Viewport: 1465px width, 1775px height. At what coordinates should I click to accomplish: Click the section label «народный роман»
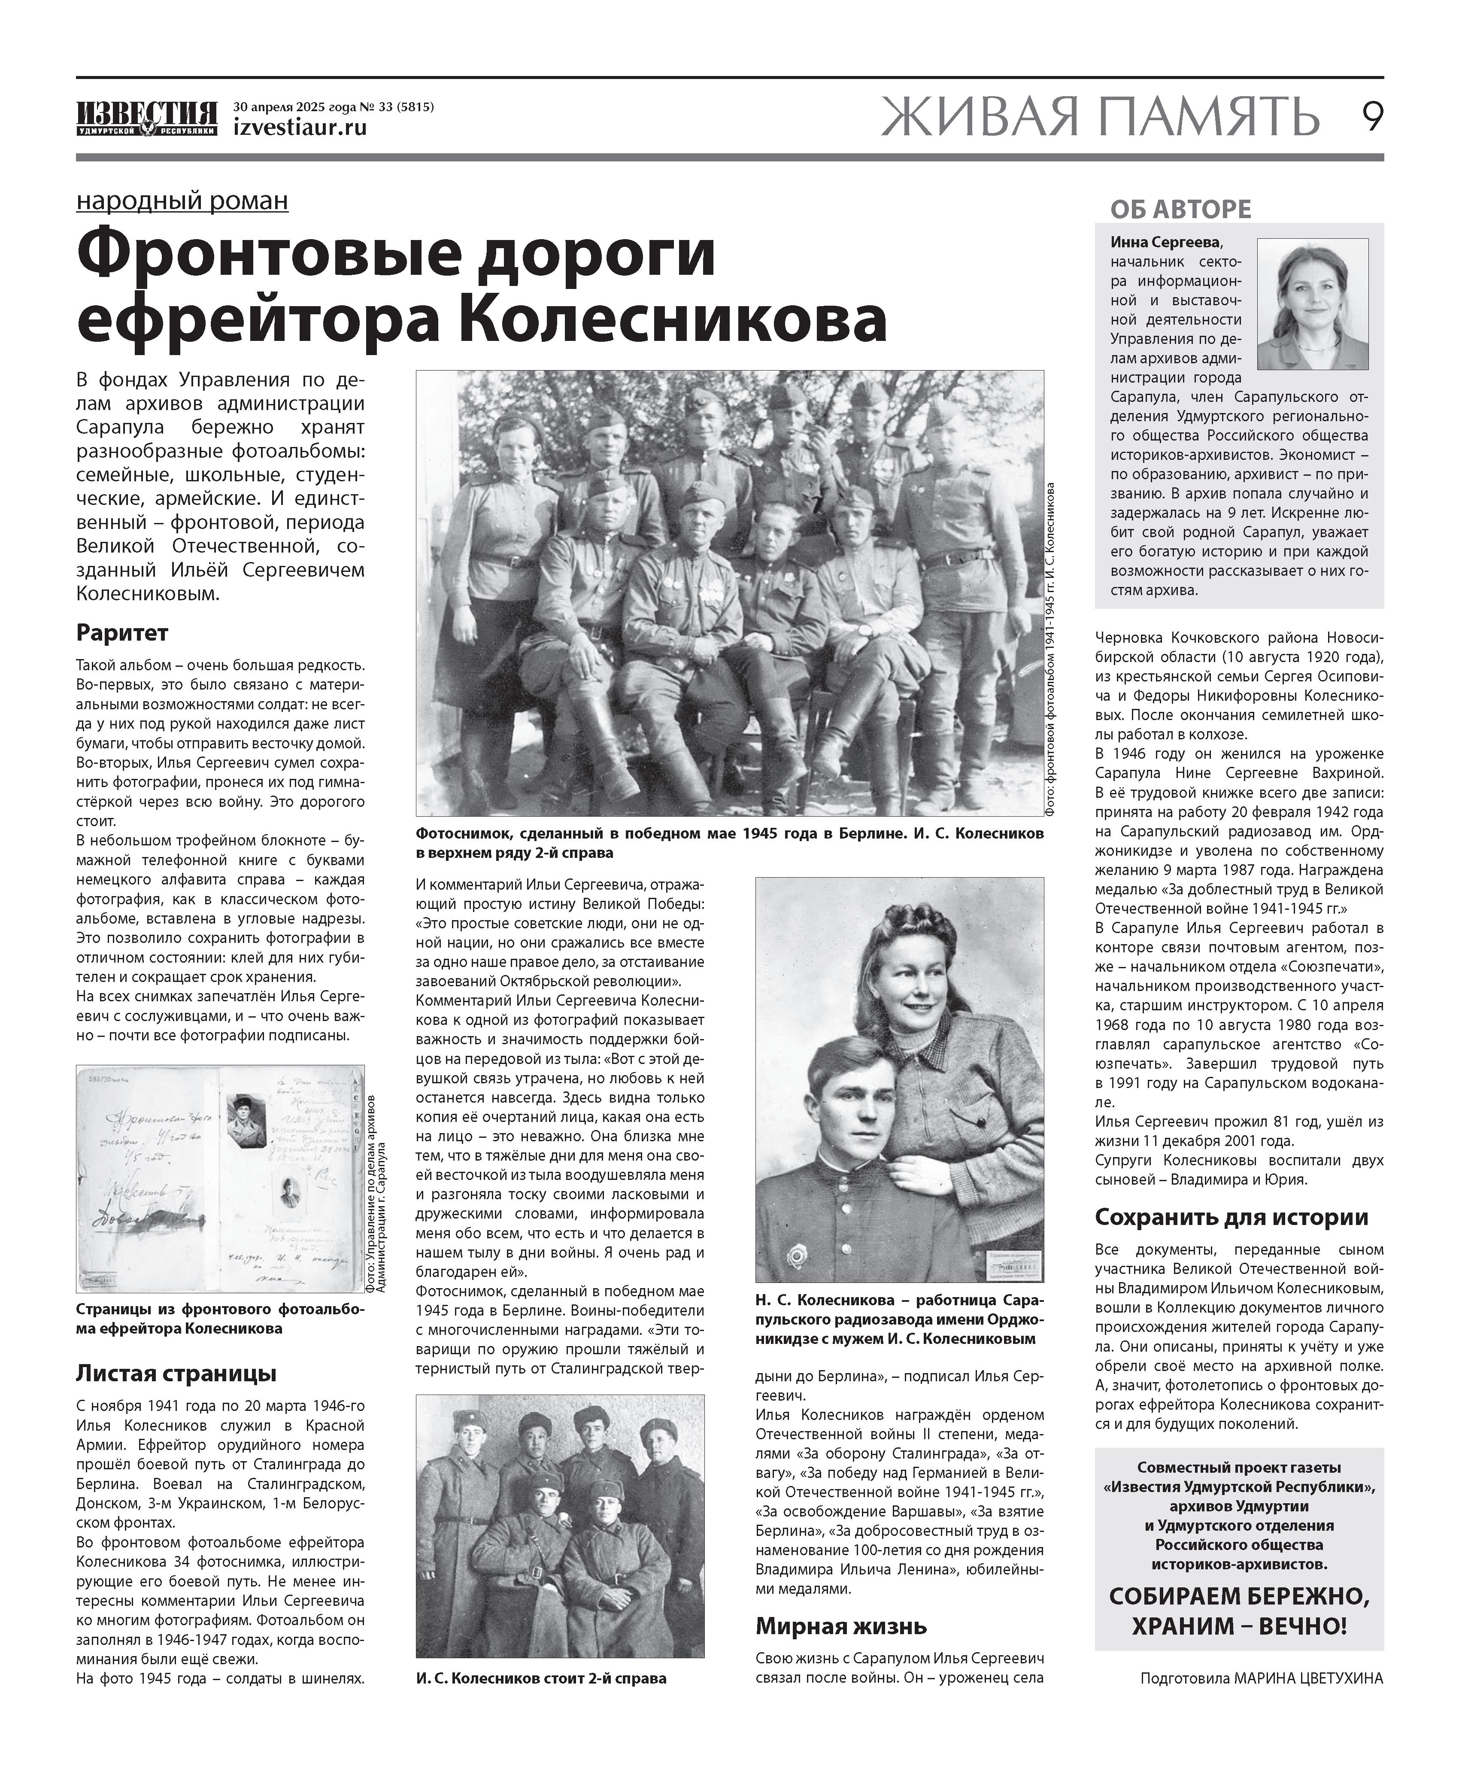click(182, 201)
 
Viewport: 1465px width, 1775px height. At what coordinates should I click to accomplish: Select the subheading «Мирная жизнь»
click(840, 1626)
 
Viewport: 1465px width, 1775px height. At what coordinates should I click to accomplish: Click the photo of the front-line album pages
click(220, 1178)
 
